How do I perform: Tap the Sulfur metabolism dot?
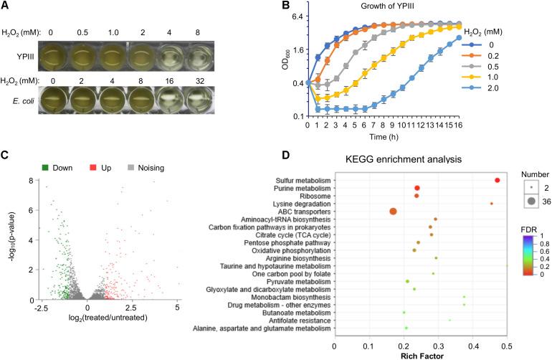[x=497, y=180]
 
